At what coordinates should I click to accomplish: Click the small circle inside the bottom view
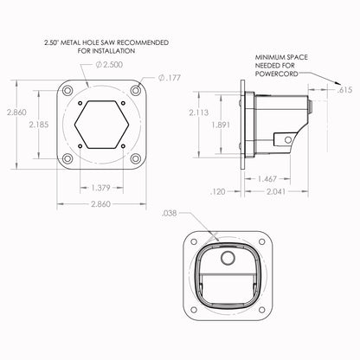pos(228,259)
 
